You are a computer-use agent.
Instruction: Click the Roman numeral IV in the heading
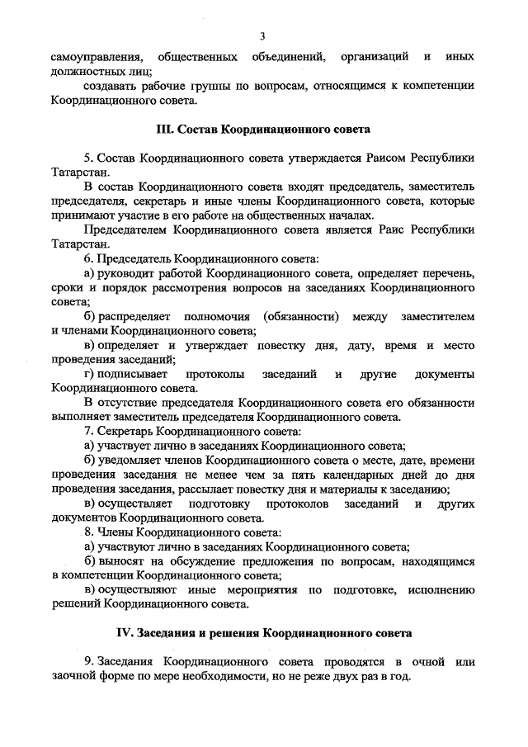[124, 633]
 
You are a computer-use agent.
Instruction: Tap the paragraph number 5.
[87, 157]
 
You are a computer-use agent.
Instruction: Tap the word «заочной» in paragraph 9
[73, 676]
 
